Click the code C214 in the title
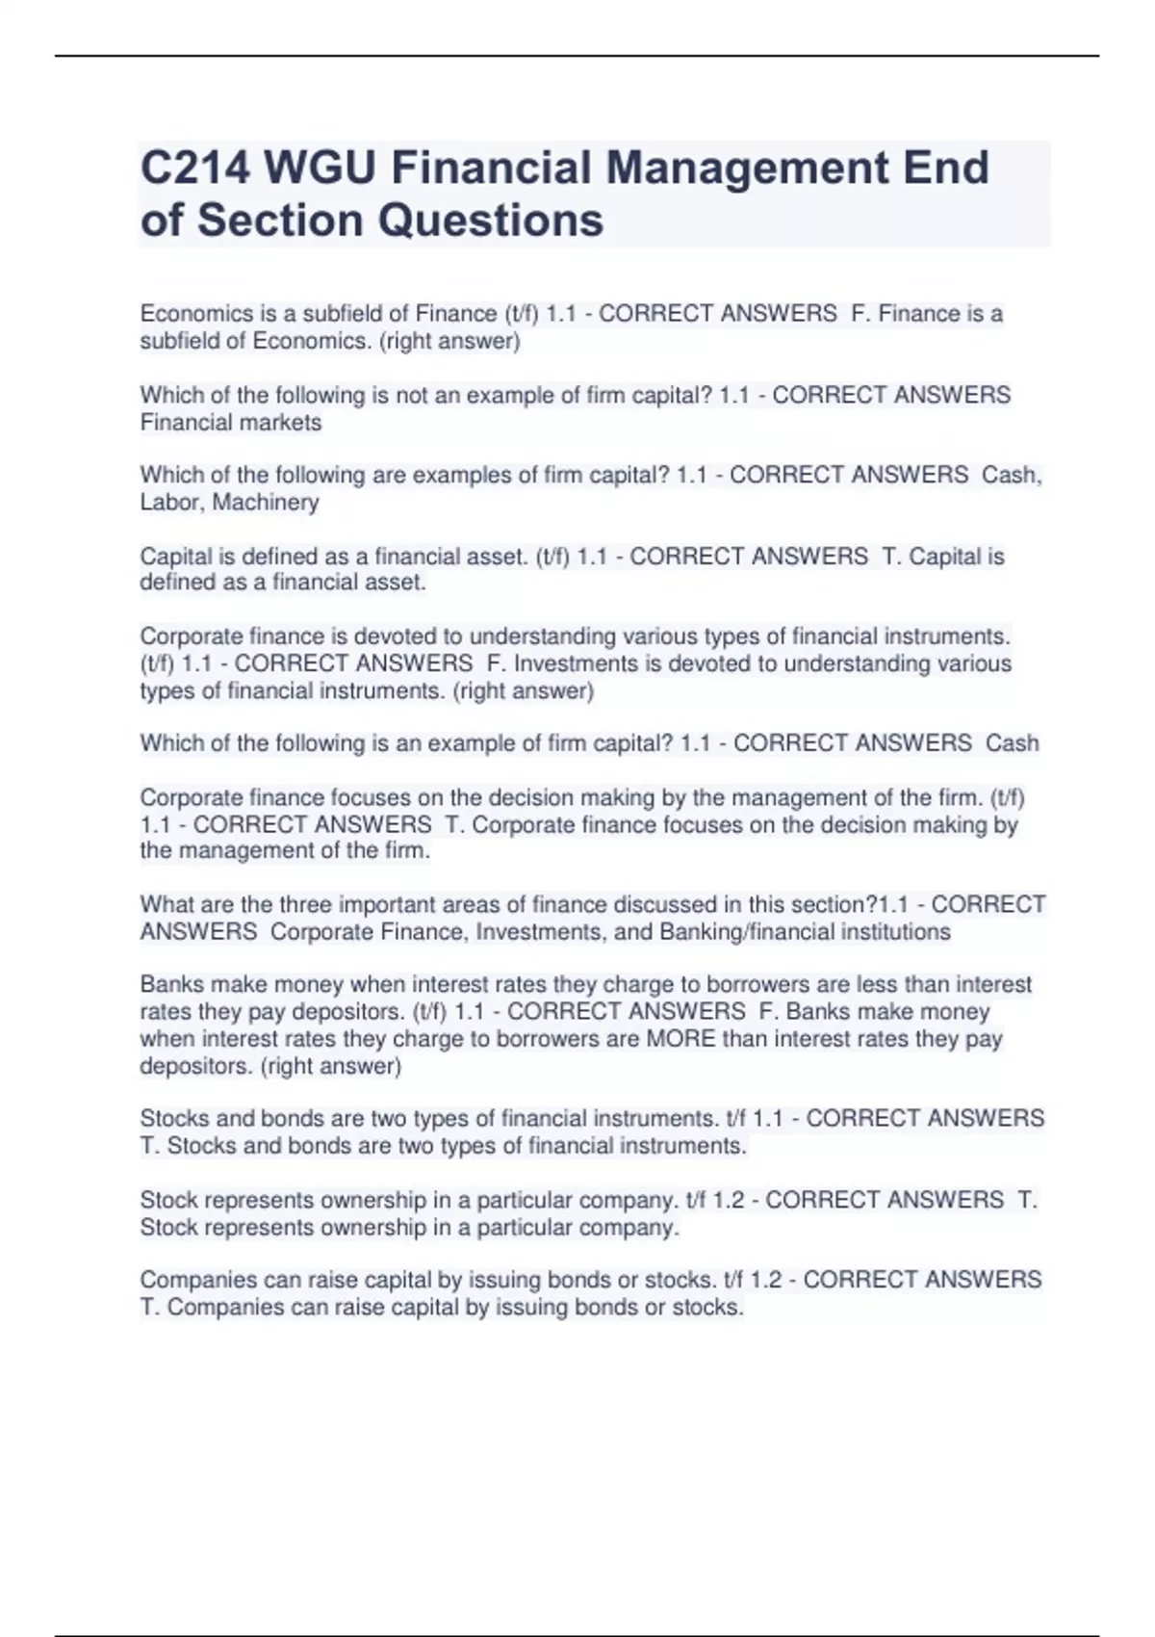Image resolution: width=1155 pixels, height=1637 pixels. [x=194, y=168]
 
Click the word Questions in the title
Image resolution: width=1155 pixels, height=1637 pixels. [x=490, y=221]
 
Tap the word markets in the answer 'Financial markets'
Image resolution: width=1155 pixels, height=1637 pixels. [x=278, y=423]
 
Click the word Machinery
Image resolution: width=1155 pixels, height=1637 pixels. [x=266, y=503]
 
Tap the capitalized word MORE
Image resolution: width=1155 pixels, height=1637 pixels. [x=680, y=1039]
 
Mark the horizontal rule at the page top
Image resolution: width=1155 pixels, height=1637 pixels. [x=577, y=56]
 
